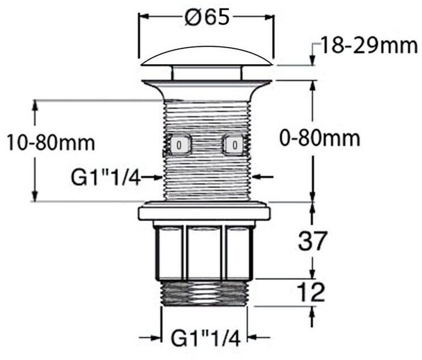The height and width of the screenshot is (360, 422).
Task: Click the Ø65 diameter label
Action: tap(207, 16)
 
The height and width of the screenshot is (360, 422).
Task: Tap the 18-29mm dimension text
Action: tap(369, 45)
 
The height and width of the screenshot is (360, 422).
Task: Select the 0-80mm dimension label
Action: tap(320, 138)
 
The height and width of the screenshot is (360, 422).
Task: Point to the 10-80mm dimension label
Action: tap(51, 143)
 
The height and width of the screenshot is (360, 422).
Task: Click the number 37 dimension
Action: tap(313, 240)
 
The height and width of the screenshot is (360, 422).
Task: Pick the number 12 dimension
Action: tap(311, 292)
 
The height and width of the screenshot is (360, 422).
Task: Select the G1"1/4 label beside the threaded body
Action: tap(106, 177)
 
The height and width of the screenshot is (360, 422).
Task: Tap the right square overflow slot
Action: tap(235, 145)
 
